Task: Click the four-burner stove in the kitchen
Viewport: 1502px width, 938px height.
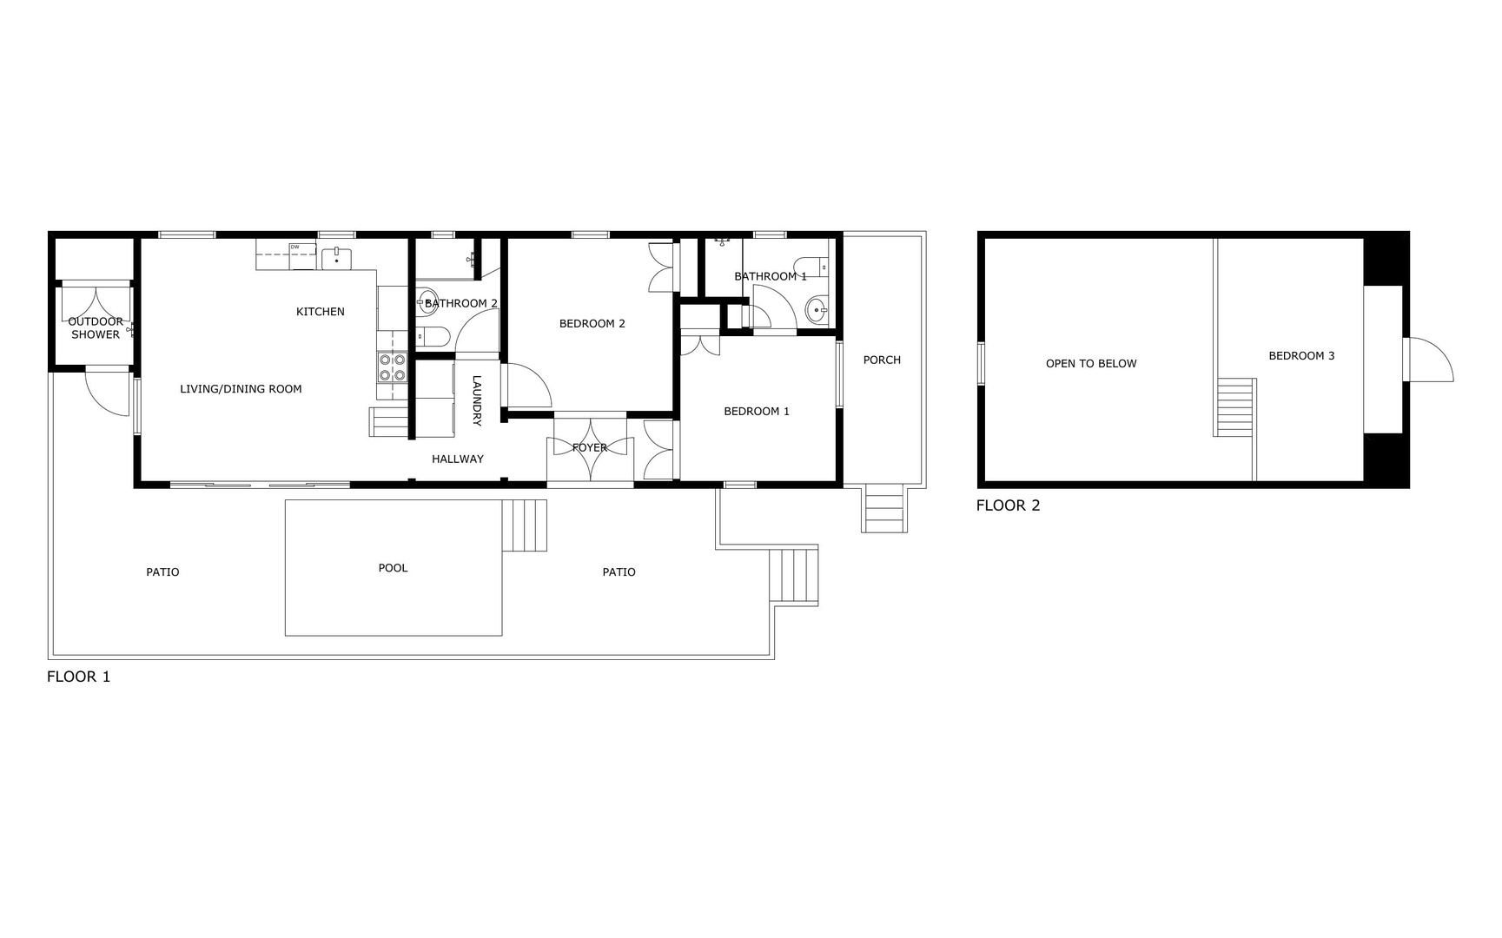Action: tap(392, 367)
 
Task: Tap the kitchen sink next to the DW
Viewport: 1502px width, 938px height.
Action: tap(336, 257)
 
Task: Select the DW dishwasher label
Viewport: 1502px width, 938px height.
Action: tap(295, 247)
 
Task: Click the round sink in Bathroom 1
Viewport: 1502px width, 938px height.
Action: tap(817, 309)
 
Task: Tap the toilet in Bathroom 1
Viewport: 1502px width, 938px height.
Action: tap(811, 266)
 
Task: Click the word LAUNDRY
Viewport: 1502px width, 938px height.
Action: tap(477, 400)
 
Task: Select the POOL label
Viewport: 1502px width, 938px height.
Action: tap(393, 568)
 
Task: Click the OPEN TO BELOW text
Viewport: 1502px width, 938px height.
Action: tap(1091, 364)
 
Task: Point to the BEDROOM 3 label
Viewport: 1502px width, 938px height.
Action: tap(1301, 356)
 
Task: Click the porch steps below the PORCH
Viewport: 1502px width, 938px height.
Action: tap(885, 510)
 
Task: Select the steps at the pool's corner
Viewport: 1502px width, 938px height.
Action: tap(525, 525)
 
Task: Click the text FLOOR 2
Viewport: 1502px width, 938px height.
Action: tap(1008, 505)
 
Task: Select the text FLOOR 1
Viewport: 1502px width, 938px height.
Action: tap(78, 677)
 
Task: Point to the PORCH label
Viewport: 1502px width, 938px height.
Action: tap(882, 360)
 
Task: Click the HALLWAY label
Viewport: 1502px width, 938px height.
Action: tap(458, 459)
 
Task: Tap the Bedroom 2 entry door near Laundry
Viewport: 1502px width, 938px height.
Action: tap(528, 386)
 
